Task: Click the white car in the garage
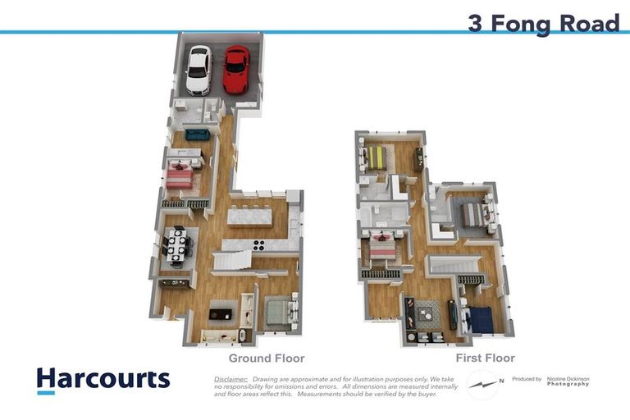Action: tap(199, 70)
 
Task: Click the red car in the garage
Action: tap(236, 68)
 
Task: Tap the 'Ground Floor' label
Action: tap(267, 358)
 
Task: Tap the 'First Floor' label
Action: tap(486, 358)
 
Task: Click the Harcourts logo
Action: tap(103, 380)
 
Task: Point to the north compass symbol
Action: tap(485, 383)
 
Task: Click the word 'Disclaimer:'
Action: tap(231, 380)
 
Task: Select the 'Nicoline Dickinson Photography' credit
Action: tap(562, 381)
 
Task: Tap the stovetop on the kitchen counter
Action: tap(258, 244)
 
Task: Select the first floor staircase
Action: tap(450, 265)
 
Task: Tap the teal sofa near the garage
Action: tap(198, 135)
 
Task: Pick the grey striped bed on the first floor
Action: tap(473, 215)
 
